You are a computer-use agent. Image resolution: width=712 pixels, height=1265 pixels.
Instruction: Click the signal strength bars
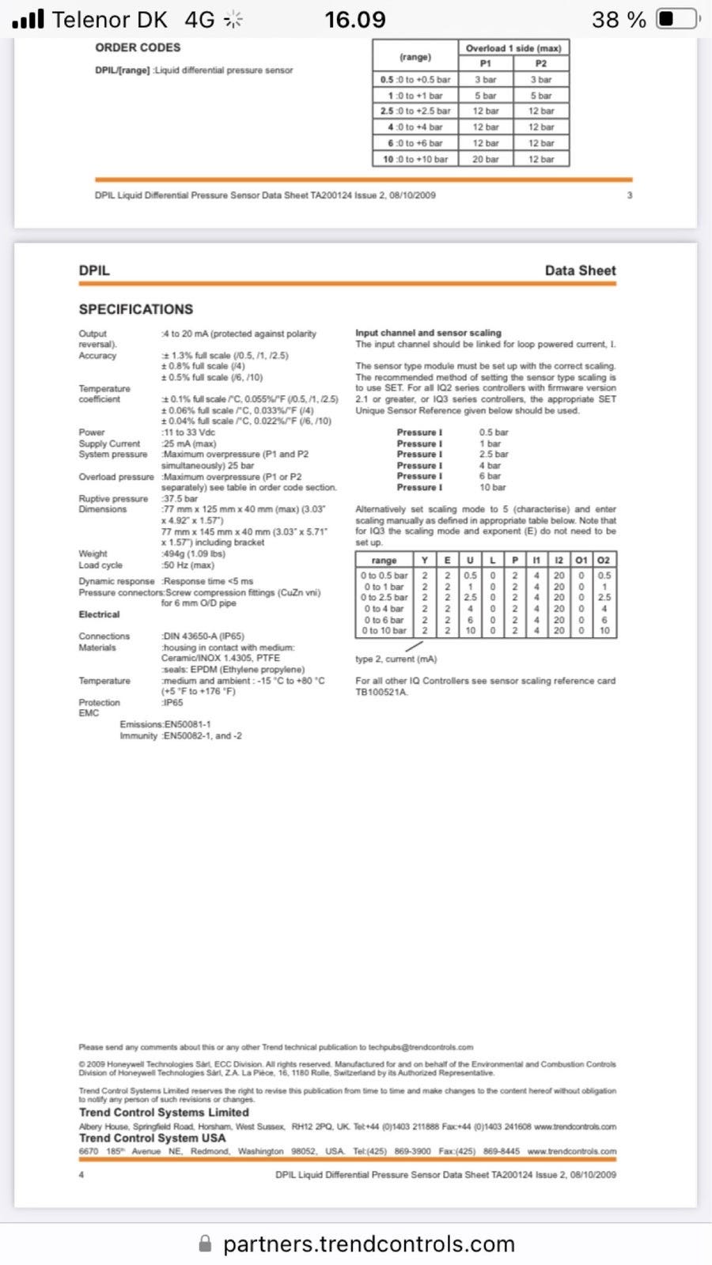[28, 19]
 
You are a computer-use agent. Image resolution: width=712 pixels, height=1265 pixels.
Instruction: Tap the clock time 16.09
[355, 19]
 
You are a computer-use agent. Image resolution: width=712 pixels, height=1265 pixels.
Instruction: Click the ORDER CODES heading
[138, 47]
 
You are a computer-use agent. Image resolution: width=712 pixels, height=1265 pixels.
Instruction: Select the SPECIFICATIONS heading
[135, 309]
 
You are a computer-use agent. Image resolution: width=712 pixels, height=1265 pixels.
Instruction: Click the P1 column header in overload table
[486, 63]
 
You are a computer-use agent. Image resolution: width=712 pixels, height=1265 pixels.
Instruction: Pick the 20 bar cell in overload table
[486, 159]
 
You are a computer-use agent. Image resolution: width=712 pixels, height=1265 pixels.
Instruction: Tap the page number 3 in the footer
[630, 195]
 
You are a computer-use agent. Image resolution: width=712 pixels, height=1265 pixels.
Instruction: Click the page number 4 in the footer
[81, 1175]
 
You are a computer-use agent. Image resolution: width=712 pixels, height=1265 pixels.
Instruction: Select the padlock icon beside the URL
[205, 1244]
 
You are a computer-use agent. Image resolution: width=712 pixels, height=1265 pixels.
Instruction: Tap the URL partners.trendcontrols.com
[369, 1244]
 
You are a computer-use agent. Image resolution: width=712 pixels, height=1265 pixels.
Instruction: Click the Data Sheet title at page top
[580, 270]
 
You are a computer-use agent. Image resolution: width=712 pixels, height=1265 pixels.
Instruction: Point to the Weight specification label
[93, 553]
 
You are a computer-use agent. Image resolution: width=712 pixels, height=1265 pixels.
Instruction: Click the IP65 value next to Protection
[172, 702]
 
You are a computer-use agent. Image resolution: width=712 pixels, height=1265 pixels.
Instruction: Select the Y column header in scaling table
[425, 560]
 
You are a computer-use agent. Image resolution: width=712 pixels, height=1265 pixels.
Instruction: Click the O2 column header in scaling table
[604, 560]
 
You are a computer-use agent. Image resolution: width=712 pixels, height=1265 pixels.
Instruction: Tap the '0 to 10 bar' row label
[384, 630]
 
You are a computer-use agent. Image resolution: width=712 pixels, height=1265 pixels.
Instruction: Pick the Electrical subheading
[99, 614]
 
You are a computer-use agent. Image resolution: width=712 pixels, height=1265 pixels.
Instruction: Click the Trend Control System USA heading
[152, 1138]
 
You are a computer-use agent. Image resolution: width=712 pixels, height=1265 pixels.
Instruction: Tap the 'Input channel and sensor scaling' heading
[428, 333]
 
